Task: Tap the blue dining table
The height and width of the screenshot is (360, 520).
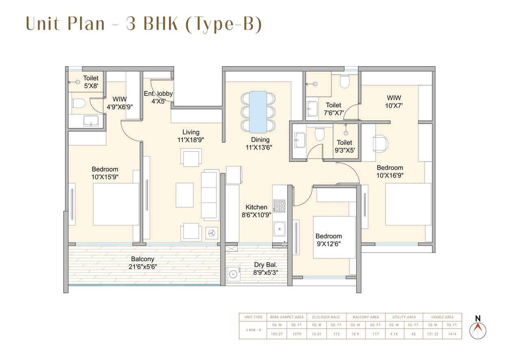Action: click(x=258, y=112)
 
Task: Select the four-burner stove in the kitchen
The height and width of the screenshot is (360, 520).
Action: click(x=279, y=206)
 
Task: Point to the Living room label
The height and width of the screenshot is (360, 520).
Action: click(x=191, y=132)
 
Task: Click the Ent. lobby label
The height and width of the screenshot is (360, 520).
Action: click(x=158, y=93)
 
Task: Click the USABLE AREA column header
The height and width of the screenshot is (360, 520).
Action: click(x=442, y=317)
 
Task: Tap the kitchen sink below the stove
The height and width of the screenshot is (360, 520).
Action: click(x=279, y=229)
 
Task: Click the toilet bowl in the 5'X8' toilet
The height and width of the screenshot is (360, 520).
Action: click(x=78, y=103)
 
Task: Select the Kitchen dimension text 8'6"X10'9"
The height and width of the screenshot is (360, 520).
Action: click(x=256, y=215)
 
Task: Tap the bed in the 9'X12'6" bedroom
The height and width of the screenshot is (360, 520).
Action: click(x=334, y=237)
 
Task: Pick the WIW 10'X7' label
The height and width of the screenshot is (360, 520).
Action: click(x=394, y=101)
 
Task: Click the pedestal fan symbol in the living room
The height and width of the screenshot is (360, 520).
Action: click(x=211, y=233)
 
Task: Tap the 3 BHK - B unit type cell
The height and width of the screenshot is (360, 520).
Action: click(x=253, y=330)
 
